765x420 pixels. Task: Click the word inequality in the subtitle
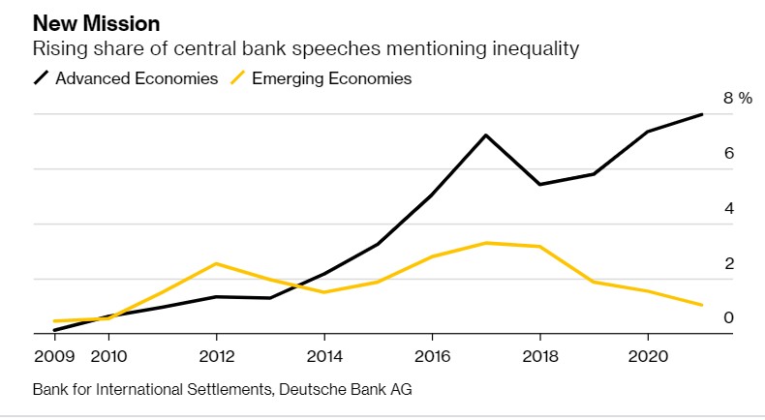click(532, 48)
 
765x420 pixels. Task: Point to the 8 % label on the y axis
click(737, 99)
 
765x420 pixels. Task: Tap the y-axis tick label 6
click(729, 154)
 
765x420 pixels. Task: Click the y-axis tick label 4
click(729, 208)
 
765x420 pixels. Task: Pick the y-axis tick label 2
click(729, 263)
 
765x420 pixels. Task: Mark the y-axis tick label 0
click(729, 317)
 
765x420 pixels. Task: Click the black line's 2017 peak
click(485, 135)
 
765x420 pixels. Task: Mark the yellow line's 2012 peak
click(217, 263)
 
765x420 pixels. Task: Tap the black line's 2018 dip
click(539, 184)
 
